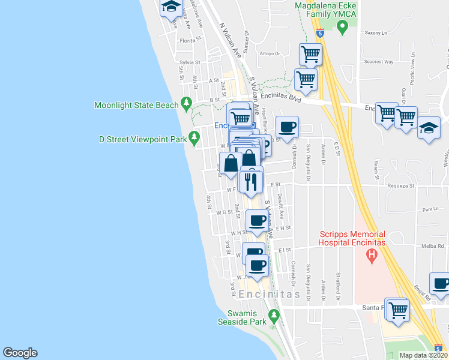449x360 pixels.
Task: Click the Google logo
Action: pyautogui.click(x=20, y=353)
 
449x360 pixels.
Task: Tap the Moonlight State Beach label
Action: pyautogui.click(x=136, y=105)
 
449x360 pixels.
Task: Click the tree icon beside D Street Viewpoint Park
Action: pyautogui.click(x=194, y=139)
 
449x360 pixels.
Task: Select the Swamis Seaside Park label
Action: pyautogui.click(x=247, y=317)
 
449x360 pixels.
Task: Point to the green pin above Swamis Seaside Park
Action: pyautogui.click(x=274, y=315)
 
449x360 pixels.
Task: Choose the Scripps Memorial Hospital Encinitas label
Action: pyautogui.click(x=351, y=238)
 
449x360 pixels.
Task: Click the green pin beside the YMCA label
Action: pyautogui.click(x=342, y=27)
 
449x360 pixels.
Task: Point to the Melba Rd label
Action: pyautogui.click(x=432, y=246)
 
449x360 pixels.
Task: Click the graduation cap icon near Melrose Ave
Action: pyautogui.click(x=171, y=8)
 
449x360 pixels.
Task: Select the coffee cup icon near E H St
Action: pyautogui.click(x=258, y=220)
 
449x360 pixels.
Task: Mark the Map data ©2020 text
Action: pyautogui.click(x=423, y=355)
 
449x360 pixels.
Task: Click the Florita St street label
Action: pyautogui.click(x=189, y=41)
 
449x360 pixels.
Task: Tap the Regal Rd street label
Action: pyautogui.click(x=421, y=292)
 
